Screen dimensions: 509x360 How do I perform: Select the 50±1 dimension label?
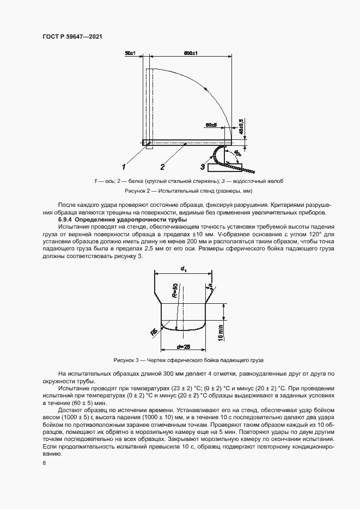coord(130,53)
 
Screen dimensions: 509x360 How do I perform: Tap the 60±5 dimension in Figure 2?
coord(212,125)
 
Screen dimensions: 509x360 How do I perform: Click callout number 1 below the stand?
coord(124,166)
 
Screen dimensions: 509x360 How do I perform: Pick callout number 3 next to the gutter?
coord(202,166)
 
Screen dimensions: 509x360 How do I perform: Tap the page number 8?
coord(43,463)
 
